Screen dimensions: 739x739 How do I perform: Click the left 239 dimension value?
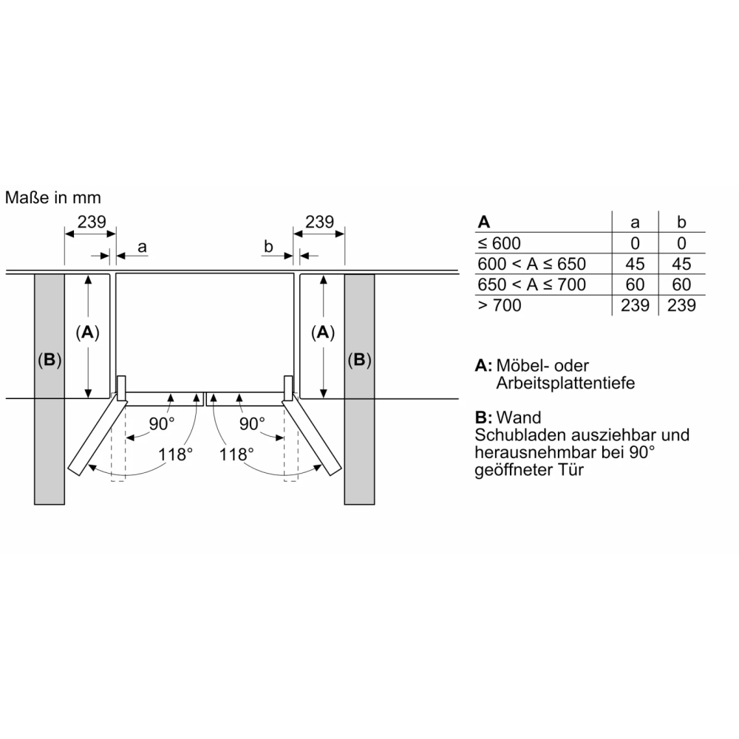[x=92, y=222]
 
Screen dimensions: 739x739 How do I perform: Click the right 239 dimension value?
[x=319, y=222]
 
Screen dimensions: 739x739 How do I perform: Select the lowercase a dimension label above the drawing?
[x=142, y=247]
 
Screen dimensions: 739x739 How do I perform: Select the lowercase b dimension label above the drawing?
[x=268, y=246]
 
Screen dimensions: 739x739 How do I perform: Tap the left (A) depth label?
[x=88, y=333]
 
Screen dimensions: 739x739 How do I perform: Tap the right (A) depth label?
[x=323, y=333]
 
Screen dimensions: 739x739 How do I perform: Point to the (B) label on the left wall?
[x=50, y=360]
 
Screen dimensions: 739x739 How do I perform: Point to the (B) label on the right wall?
[x=360, y=360]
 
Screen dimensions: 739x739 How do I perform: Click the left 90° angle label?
[x=162, y=423]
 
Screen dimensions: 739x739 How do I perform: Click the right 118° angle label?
[x=236, y=454]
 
